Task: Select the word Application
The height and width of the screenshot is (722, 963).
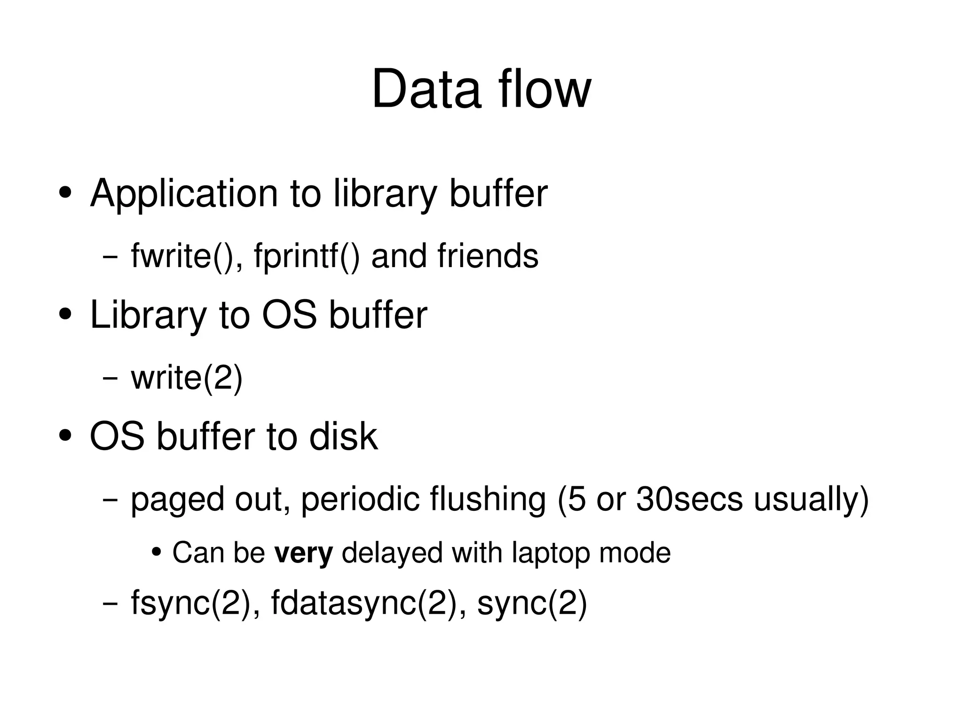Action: (x=184, y=193)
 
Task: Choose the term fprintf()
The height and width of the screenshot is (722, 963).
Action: (x=307, y=256)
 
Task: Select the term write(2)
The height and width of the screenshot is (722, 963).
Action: (x=187, y=378)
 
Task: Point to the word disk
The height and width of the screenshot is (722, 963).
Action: (x=343, y=436)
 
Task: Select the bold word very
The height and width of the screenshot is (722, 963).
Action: (x=304, y=553)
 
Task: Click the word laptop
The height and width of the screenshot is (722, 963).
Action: (x=550, y=553)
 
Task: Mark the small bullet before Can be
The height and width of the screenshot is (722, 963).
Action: (x=157, y=551)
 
